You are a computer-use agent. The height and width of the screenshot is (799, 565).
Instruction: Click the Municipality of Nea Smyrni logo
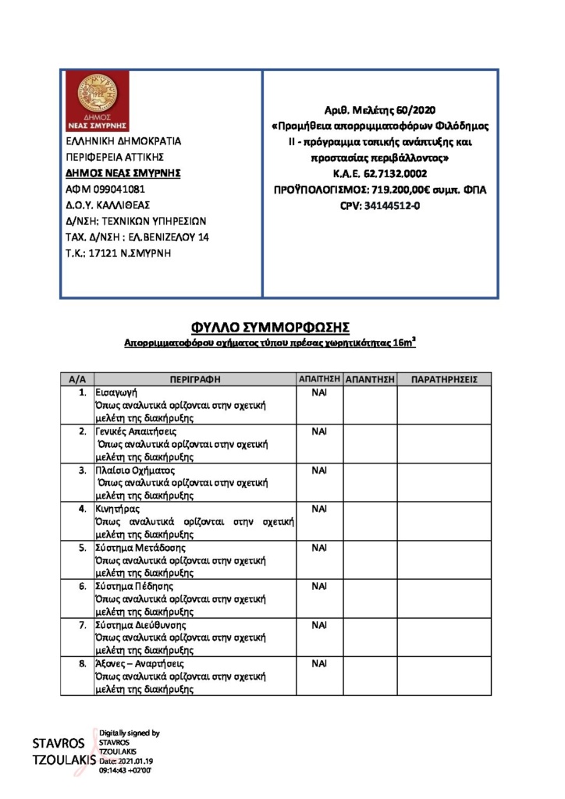pyautogui.click(x=98, y=101)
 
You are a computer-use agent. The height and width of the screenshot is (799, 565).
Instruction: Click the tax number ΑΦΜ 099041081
pyautogui.click(x=105, y=189)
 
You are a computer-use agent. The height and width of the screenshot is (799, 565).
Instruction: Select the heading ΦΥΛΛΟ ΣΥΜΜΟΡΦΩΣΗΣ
pyautogui.click(x=269, y=326)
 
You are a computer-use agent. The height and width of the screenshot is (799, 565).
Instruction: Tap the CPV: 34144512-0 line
pyautogui.click(x=380, y=205)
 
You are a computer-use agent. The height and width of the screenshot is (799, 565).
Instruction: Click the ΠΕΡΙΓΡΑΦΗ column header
pyautogui.click(x=195, y=379)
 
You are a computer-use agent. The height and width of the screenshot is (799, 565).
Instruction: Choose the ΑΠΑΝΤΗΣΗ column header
pyautogui.click(x=370, y=379)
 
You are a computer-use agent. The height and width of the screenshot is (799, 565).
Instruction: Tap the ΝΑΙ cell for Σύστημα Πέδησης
pyautogui.click(x=318, y=586)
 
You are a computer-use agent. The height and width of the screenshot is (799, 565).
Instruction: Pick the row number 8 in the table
pyautogui.click(x=82, y=663)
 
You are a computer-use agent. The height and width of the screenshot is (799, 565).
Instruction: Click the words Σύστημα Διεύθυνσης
pyautogui.click(x=140, y=625)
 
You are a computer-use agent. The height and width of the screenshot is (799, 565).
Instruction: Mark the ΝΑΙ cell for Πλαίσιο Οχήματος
pyautogui.click(x=318, y=471)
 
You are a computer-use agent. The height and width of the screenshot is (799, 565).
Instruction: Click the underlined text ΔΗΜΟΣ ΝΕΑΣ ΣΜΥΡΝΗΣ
pyautogui.click(x=123, y=173)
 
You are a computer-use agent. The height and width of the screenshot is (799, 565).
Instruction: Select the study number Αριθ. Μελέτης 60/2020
pyautogui.click(x=380, y=110)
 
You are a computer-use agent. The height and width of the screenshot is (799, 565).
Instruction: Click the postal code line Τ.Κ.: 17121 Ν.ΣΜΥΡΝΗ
pyautogui.click(x=118, y=253)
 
